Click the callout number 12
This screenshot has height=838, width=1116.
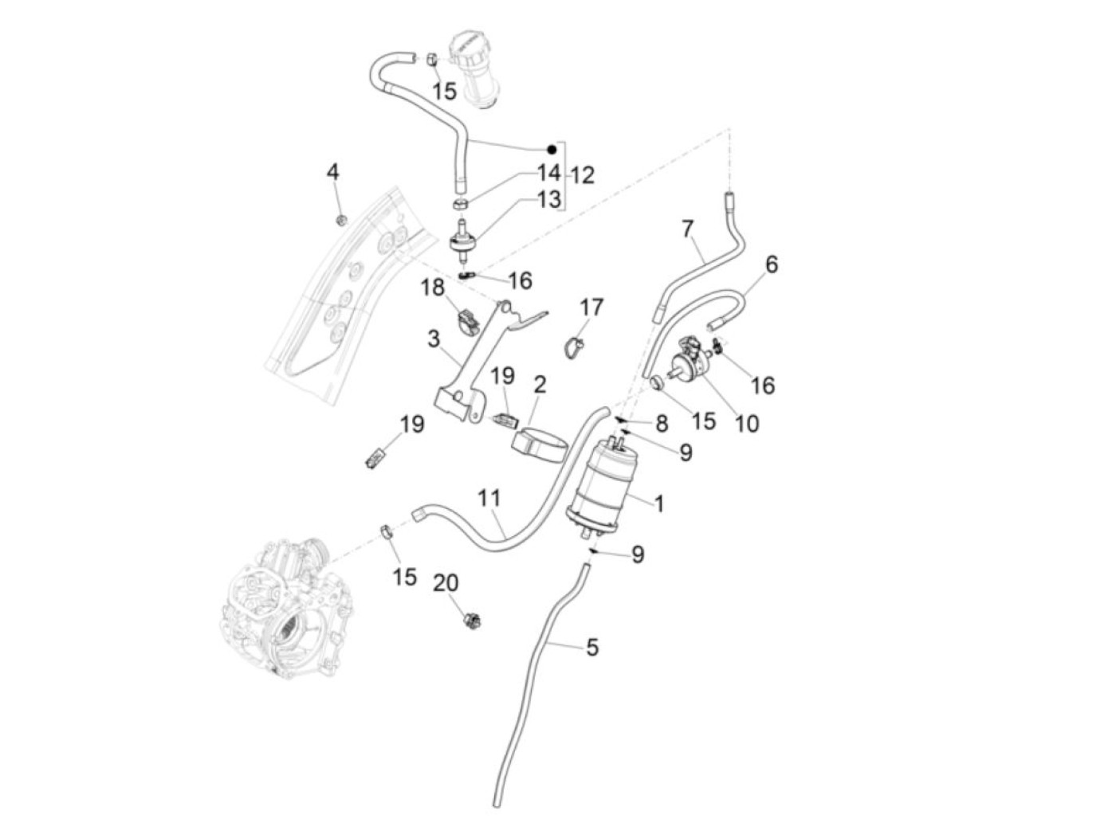click(x=583, y=174)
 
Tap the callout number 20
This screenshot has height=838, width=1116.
click(x=446, y=583)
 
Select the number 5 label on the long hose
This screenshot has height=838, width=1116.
click(x=591, y=648)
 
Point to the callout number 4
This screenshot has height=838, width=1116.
click(x=333, y=171)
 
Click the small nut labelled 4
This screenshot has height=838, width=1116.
click(x=340, y=218)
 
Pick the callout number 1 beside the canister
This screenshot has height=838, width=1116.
click(x=659, y=503)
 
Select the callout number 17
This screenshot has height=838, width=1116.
click(x=591, y=307)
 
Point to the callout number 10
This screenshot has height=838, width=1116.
click(x=746, y=422)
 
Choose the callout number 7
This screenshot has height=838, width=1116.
click(x=688, y=229)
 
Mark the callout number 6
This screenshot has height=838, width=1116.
click(x=771, y=264)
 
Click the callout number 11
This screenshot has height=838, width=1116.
click(x=489, y=499)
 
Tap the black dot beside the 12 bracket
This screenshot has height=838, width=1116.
click(x=551, y=150)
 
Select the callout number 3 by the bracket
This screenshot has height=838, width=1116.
click(x=433, y=339)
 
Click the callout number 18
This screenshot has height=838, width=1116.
click(x=433, y=288)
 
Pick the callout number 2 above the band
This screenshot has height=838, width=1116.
click(x=540, y=386)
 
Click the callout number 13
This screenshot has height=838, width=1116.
click(x=548, y=199)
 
